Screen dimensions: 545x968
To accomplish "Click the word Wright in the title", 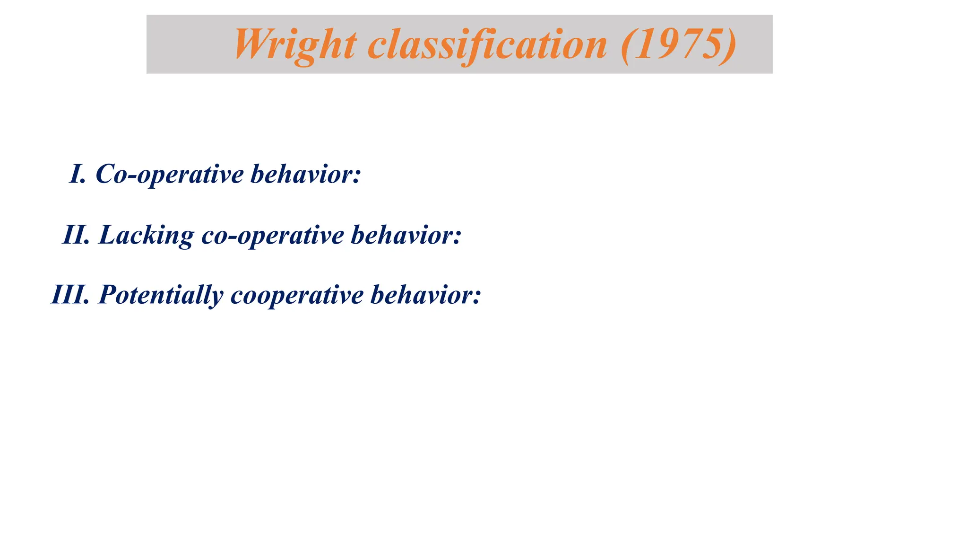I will coord(295,44).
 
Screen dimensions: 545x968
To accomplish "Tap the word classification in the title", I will coord(487,44).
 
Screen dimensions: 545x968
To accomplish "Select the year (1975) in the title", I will coord(678,44).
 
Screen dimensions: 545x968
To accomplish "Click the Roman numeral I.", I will coord(77,174).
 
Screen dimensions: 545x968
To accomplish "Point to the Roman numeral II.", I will coord(76,235).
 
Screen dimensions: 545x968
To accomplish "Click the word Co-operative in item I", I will coord(170,174).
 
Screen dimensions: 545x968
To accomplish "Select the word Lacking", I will coord(146,235).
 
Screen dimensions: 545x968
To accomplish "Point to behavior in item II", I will coord(402,235).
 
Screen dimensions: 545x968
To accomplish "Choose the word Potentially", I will coord(160,295).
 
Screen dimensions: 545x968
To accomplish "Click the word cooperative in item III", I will coord(297,295).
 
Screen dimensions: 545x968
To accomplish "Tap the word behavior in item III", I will coord(422,295).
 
